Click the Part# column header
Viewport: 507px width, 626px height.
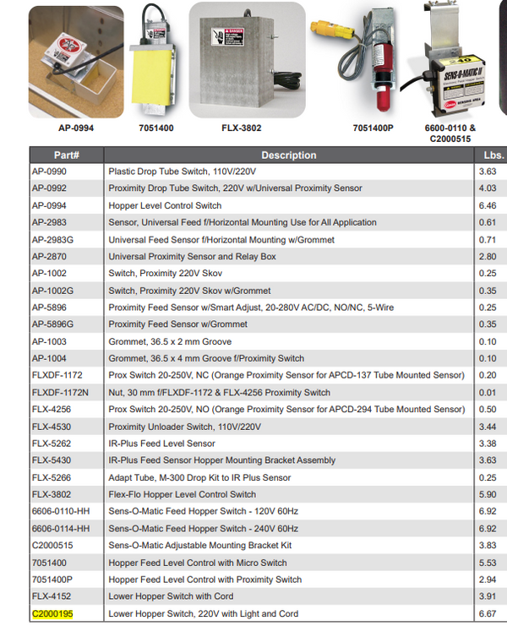pos(66,155)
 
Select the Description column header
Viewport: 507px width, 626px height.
pos(288,155)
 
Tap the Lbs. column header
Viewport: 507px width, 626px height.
pos(493,155)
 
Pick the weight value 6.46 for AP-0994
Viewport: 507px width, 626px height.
pos(487,205)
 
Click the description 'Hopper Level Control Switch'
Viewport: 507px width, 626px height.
pos(165,205)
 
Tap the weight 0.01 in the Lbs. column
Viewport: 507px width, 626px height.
pos(487,392)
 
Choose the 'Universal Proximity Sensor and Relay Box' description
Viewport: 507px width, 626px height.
pos(193,256)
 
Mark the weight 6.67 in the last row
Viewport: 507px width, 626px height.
pos(487,613)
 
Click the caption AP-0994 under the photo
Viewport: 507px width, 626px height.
pos(75,128)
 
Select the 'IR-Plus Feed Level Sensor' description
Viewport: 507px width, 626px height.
pos(161,444)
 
